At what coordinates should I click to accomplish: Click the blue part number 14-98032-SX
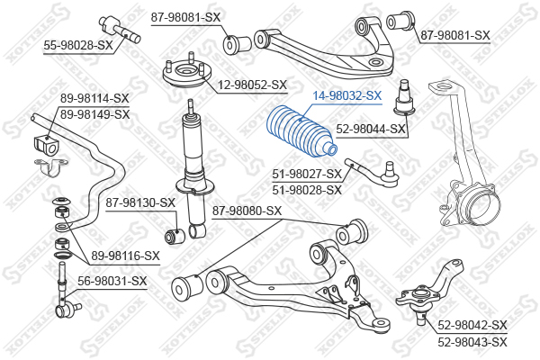[347, 95]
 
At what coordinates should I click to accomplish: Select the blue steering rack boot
[301, 131]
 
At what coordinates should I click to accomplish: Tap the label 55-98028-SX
[78, 45]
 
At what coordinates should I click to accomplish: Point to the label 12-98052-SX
[252, 85]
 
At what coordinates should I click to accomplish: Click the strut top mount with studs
[186, 73]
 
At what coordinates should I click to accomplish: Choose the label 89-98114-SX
[94, 98]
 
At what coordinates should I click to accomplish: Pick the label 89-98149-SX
[94, 114]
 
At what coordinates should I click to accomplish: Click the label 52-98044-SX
[371, 130]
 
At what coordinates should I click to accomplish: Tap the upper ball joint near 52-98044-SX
[404, 97]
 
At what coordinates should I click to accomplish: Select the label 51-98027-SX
[307, 174]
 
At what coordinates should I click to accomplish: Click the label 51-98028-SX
[307, 190]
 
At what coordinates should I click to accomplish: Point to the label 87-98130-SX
[140, 202]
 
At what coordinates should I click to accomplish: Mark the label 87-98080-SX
[247, 211]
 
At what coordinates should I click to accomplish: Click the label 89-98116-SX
[126, 256]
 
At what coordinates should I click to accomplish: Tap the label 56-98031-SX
[112, 281]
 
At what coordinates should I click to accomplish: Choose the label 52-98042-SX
[472, 325]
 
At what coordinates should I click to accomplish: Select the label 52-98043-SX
[472, 342]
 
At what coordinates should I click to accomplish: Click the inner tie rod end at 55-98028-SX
[120, 30]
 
